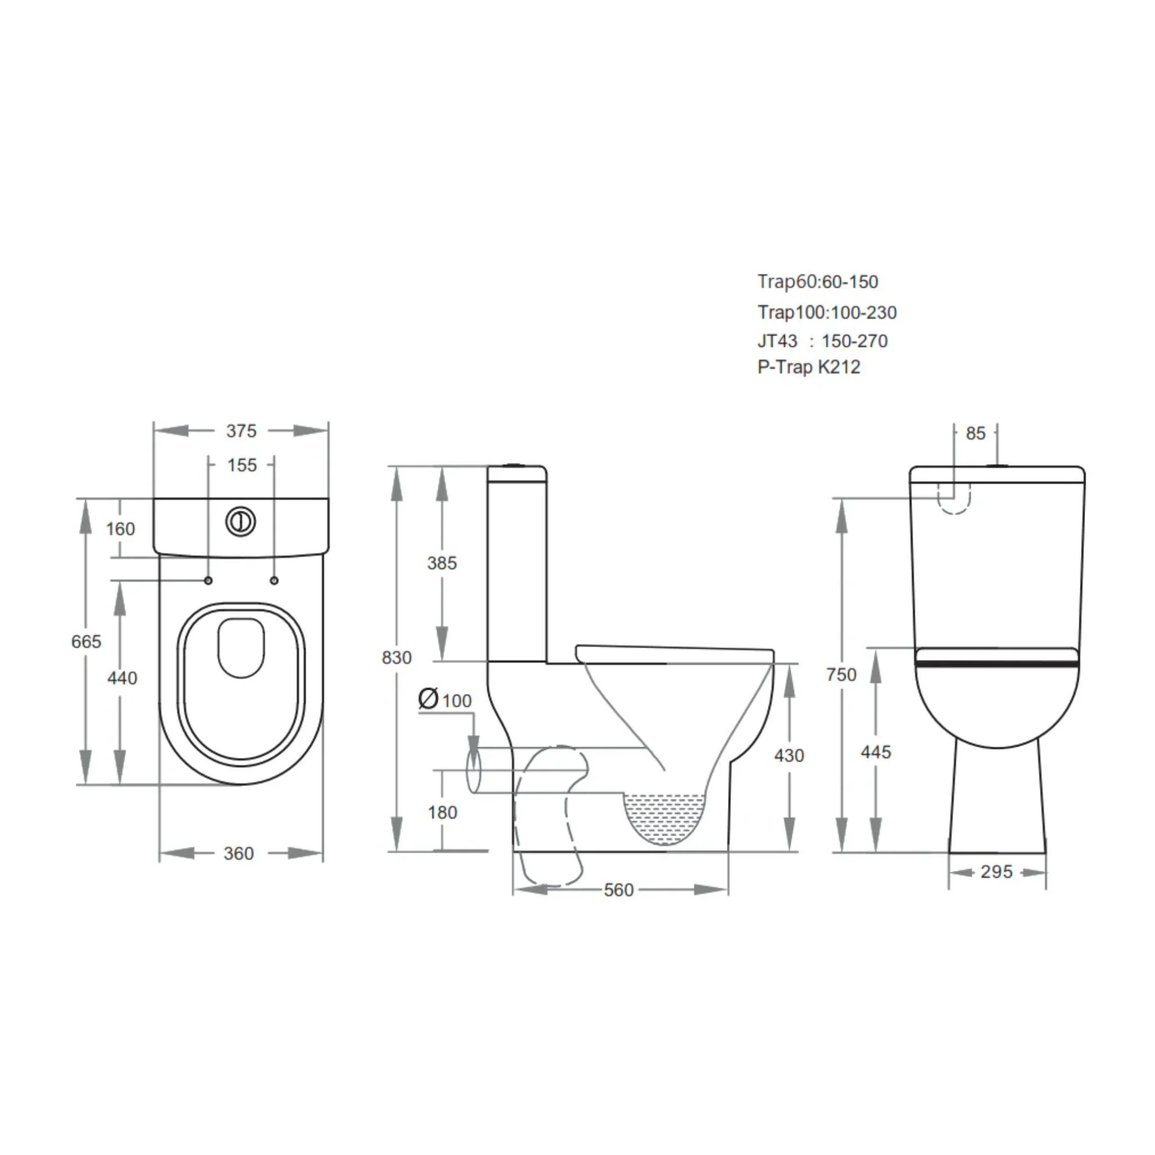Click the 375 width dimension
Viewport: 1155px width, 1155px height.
click(241, 431)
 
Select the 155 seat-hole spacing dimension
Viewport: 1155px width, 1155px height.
click(241, 465)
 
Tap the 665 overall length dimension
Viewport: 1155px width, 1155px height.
click(86, 641)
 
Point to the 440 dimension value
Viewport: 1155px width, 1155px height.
click(122, 678)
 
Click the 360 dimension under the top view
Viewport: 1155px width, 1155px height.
click(239, 853)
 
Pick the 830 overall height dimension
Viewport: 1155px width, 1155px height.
click(396, 658)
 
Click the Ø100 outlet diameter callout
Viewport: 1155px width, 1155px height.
click(446, 699)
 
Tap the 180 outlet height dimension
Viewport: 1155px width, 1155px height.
click(442, 812)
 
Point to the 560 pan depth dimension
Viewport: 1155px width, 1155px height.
click(618, 890)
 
